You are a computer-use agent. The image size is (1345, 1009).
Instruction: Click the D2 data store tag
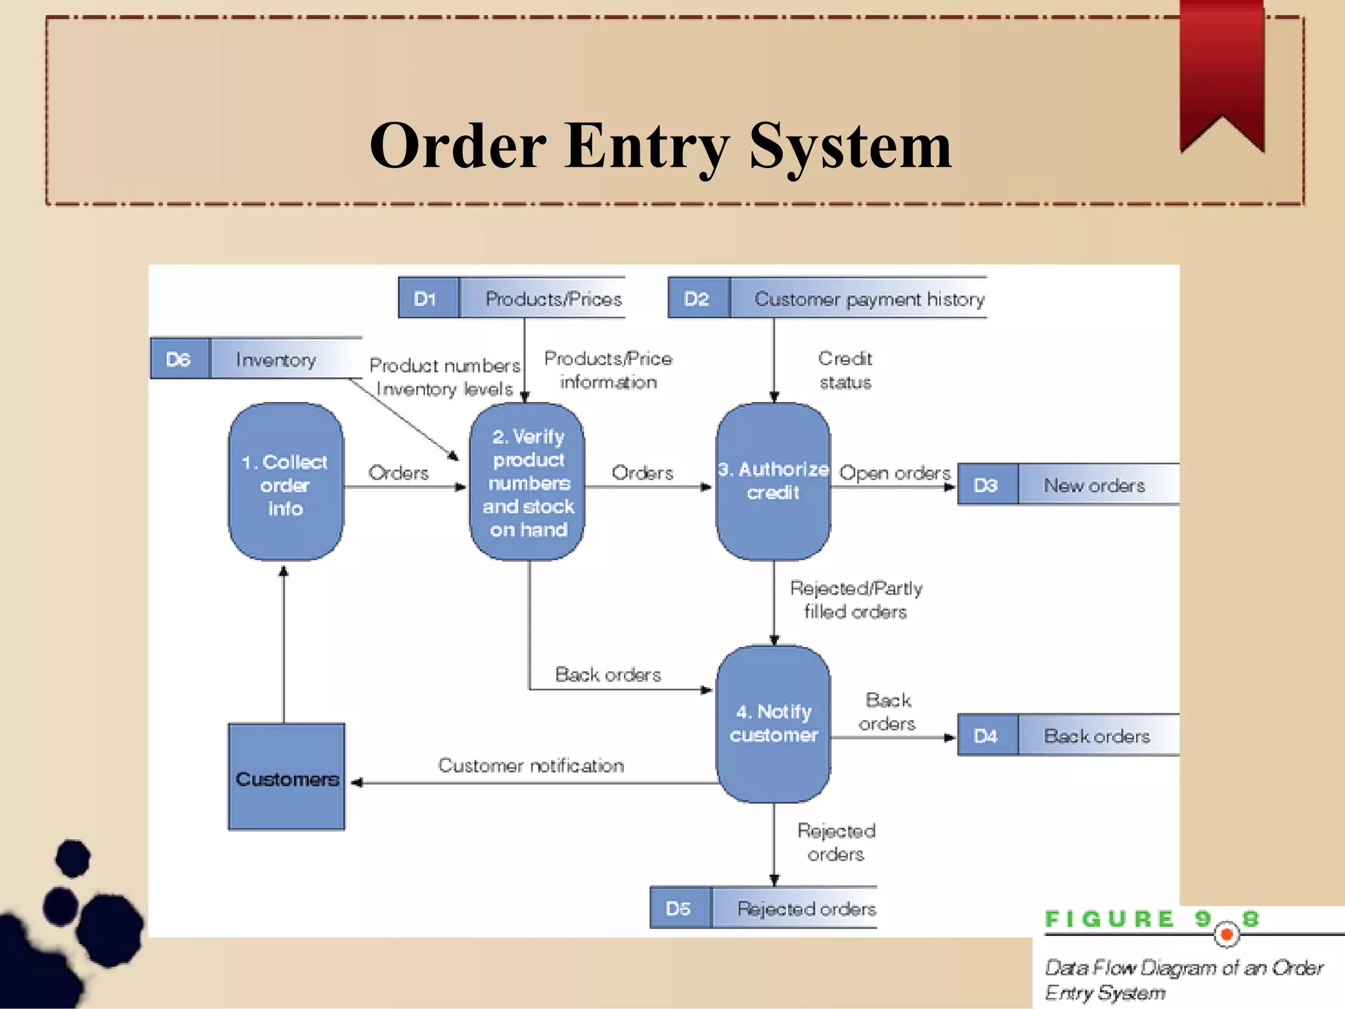pos(697,299)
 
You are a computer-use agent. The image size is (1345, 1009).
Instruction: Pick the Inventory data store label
pos(276,359)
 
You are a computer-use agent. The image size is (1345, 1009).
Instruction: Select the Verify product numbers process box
pos(528,483)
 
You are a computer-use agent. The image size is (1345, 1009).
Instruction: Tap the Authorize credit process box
pos(773,482)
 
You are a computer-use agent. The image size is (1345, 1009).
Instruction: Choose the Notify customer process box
pos(773,723)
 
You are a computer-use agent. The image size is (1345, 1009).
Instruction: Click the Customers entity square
pos(286,778)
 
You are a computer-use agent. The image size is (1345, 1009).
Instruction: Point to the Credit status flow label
pos(845,370)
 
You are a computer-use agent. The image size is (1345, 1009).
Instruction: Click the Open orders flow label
pos(894,473)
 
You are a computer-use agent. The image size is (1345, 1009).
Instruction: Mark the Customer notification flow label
pos(531,765)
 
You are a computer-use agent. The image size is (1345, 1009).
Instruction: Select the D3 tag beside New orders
pos(986,485)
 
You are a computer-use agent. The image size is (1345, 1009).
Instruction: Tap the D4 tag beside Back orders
pos(986,736)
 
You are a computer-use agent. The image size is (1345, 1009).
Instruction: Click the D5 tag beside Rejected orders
pos(679,908)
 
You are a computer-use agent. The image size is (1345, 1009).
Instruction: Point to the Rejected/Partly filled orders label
pos(856,600)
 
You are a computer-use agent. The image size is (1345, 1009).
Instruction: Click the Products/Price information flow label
pos(608,370)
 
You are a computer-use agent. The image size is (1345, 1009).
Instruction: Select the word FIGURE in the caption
pos(1109,920)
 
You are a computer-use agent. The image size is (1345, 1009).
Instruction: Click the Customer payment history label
pos(869,300)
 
